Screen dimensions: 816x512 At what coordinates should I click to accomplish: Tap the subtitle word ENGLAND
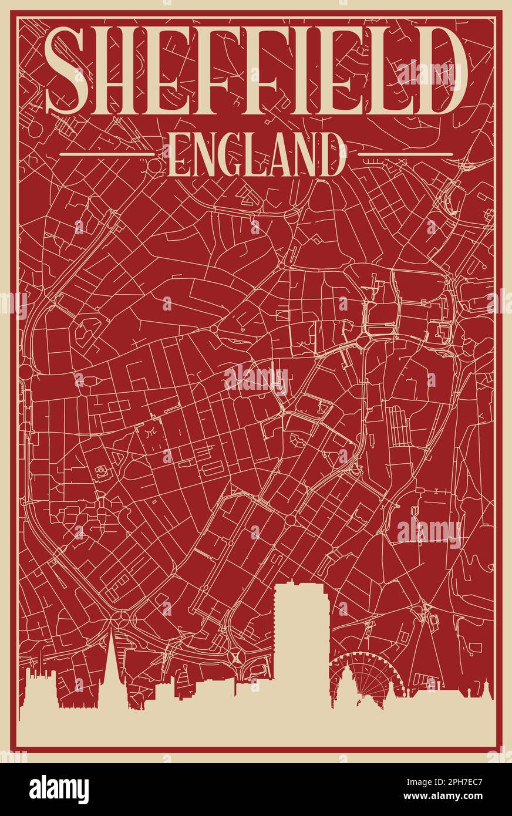tap(257, 154)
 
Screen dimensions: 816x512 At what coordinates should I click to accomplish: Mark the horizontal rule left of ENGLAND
tap(107, 154)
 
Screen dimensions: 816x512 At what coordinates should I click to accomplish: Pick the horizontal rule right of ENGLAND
tap(405, 154)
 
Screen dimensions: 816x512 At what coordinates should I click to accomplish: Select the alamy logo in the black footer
tap(59, 790)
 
